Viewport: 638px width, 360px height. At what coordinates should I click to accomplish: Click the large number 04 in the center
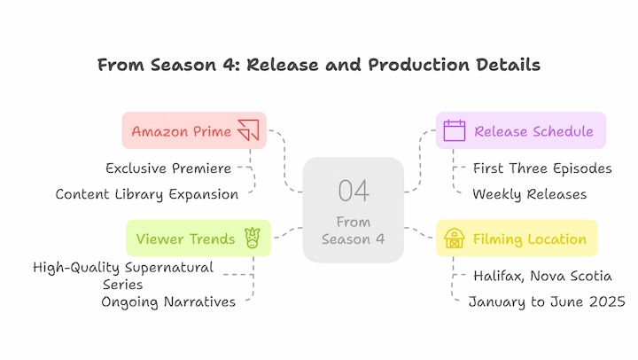pyautogui.click(x=354, y=191)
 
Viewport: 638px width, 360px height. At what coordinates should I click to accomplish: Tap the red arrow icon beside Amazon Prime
pyautogui.click(x=249, y=130)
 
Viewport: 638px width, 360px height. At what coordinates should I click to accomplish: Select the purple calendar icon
pyautogui.click(x=454, y=130)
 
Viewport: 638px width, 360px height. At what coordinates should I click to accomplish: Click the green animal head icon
pyautogui.click(x=253, y=238)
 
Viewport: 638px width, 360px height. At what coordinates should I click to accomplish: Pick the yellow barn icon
pyautogui.click(x=455, y=239)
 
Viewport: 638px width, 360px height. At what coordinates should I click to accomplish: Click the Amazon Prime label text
pyautogui.click(x=182, y=131)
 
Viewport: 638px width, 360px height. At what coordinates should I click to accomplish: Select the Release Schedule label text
pyautogui.click(x=533, y=131)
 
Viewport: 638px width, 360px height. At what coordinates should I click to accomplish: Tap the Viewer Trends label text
pyautogui.click(x=185, y=239)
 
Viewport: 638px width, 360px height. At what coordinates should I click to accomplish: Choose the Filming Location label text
pyautogui.click(x=529, y=239)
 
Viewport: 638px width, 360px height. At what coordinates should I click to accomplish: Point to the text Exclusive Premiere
pyautogui.click(x=168, y=168)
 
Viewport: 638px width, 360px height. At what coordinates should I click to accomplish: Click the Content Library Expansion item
pyautogui.click(x=147, y=194)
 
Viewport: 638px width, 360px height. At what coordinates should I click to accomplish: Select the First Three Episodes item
pyautogui.click(x=542, y=168)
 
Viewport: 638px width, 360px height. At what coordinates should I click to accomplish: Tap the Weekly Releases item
pyautogui.click(x=529, y=194)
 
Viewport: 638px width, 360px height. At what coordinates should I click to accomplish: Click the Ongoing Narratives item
pyautogui.click(x=168, y=301)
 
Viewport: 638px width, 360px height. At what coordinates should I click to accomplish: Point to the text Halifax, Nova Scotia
pyautogui.click(x=542, y=276)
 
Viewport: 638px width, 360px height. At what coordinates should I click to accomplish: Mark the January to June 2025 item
pyautogui.click(x=547, y=301)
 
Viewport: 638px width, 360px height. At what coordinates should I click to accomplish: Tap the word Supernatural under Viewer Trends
pyautogui.click(x=169, y=268)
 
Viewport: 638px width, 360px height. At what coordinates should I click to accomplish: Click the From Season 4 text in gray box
pyautogui.click(x=354, y=231)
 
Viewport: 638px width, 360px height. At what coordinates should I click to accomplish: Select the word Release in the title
pyautogui.click(x=283, y=65)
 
